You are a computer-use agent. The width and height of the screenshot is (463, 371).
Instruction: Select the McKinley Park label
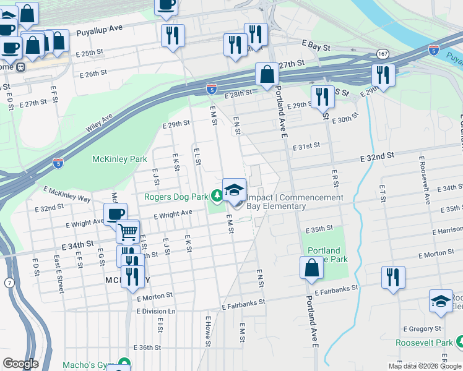coord(119,159)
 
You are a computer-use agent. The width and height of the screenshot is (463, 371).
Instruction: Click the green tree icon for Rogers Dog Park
coord(217,197)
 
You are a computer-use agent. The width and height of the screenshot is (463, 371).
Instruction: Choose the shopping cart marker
coord(128,232)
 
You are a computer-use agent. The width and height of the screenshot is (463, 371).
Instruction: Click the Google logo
coord(20,364)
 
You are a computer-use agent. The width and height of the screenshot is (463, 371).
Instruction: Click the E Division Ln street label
coord(156,311)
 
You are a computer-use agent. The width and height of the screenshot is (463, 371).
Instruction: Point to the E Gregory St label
coord(422,329)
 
